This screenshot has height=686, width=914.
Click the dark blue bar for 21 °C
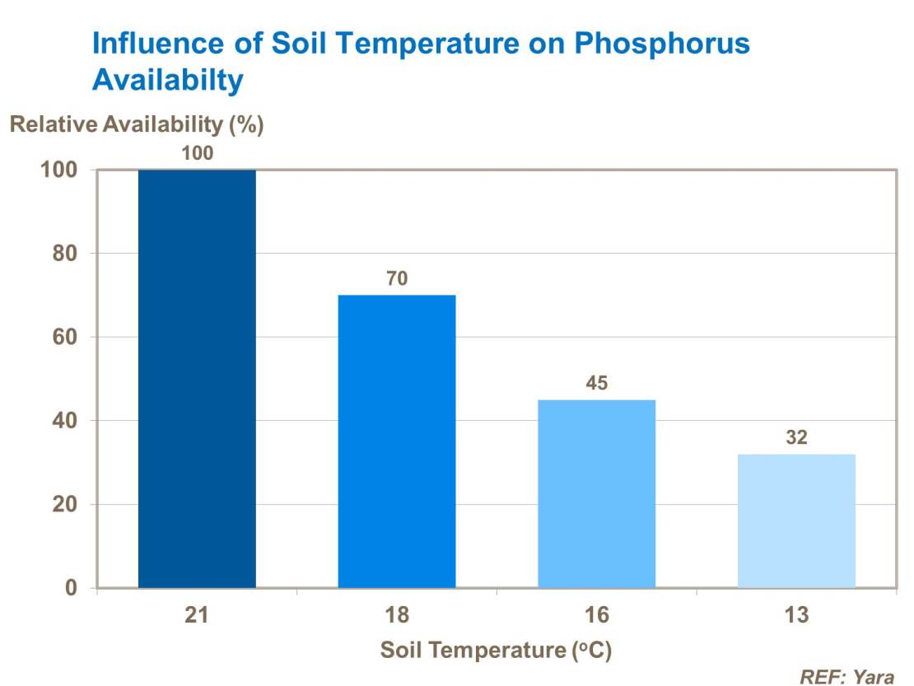[x=197, y=379]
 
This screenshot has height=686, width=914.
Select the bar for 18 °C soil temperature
[x=397, y=441]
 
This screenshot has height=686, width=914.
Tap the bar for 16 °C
[x=597, y=494]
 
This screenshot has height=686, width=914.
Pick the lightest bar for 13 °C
[x=796, y=521]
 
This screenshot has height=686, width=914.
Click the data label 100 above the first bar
[x=197, y=153]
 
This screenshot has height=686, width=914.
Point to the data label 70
[x=397, y=278]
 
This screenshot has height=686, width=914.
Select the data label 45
[x=597, y=383]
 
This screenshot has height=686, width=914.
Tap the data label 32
[x=796, y=437]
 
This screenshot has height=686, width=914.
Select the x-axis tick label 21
[x=197, y=616]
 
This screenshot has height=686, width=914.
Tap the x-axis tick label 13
[x=796, y=616]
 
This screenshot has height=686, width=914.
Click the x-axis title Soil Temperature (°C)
[x=496, y=651]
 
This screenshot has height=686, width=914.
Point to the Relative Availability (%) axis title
[x=136, y=125]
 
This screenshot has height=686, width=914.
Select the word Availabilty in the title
[x=168, y=80]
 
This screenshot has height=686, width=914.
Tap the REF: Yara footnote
[x=847, y=677]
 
